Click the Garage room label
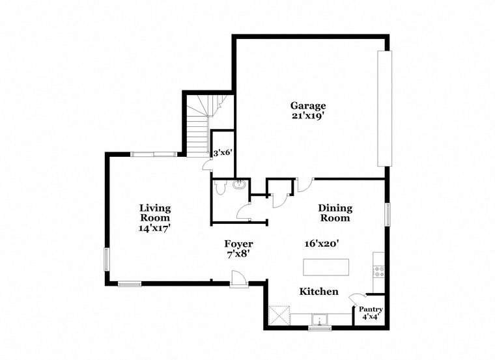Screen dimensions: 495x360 (x=308, y=105)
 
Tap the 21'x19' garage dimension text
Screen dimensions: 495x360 (x=308, y=116)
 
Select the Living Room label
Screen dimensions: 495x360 (x=155, y=213)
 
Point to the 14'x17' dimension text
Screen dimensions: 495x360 (x=155, y=228)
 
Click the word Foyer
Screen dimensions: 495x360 (x=238, y=244)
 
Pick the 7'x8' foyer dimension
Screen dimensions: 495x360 (x=238, y=254)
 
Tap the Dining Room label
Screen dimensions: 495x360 (x=335, y=213)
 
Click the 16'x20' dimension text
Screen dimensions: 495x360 (x=322, y=243)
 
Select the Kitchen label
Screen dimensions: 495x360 (x=319, y=291)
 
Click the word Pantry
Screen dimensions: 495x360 (x=371, y=309)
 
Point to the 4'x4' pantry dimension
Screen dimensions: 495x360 (x=371, y=317)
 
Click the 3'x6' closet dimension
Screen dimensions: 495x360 (x=223, y=154)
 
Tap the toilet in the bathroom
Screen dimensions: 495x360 (x=219, y=187)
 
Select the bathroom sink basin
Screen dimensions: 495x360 (x=240, y=184)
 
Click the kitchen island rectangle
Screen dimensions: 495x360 (x=326, y=268)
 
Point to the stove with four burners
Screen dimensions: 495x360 (x=379, y=272)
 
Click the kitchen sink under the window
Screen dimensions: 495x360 (x=320, y=319)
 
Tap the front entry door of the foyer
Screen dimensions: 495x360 (x=238, y=279)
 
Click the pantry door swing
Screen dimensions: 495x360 (x=357, y=298)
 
